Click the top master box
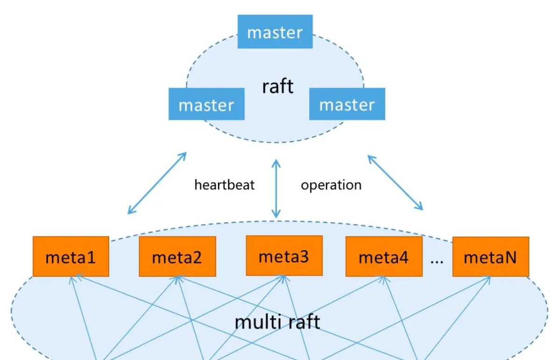(x=275, y=32)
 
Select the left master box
(x=206, y=104)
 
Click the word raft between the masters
(x=278, y=86)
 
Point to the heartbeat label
(x=224, y=185)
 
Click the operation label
(x=331, y=185)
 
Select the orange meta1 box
(x=70, y=256)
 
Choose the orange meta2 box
(x=177, y=256)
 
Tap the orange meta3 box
(x=284, y=255)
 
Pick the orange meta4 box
(x=384, y=256)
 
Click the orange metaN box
(x=490, y=256)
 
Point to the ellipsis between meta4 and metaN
(x=437, y=261)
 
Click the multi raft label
(x=277, y=322)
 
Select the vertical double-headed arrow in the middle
(x=277, y=188)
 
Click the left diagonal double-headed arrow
(x=157, y=183)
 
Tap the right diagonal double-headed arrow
(x=395, y=182)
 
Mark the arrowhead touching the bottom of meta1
(x=74, y=278)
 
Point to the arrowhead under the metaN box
(x=490, y=278)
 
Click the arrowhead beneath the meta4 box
(x=384, y=278)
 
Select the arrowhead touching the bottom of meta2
(x=177, y=278)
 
